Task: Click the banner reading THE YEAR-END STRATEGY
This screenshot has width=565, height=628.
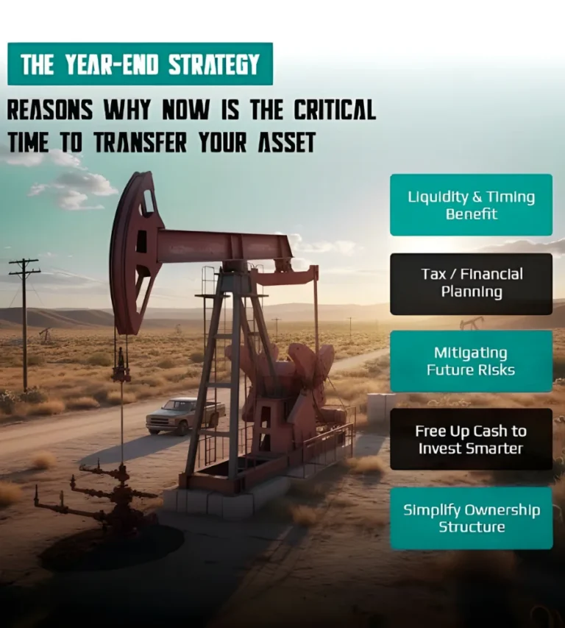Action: [x=140, y=64]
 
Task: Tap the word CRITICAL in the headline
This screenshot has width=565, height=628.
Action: [x=335, y=110]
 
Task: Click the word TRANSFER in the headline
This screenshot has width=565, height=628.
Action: [x=141, y=142]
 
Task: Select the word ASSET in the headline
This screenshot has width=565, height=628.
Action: [x=286, y=142]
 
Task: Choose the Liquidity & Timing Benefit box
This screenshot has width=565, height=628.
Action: [x=472, y=205]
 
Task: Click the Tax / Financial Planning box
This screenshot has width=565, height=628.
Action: [x=472, y=283]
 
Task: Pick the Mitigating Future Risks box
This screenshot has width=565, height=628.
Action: [x=472, y=361]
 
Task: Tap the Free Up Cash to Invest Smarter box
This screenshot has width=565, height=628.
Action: [x=472, y=440]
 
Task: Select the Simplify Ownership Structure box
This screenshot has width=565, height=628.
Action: [x=472, y=518]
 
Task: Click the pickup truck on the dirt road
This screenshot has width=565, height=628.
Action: [x=185, y=416]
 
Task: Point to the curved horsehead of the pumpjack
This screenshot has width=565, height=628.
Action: [x=132, y=253]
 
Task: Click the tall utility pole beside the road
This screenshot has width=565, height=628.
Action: [x=24, y=325]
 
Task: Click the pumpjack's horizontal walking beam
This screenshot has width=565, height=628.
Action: [x=224, y=247]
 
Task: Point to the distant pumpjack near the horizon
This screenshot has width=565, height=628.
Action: [x=472, y=322]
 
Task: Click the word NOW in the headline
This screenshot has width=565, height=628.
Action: [x=185, y=110]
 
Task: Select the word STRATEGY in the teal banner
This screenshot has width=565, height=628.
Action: [x=213, y=64]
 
